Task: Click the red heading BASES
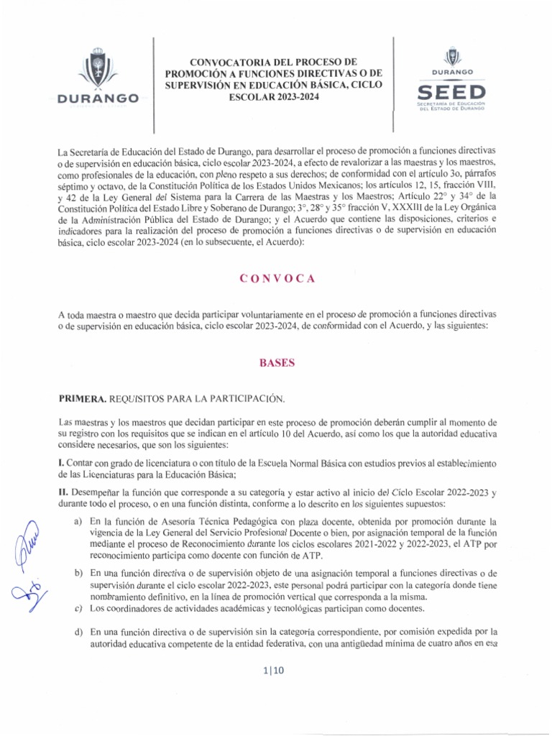(x=277, y=364)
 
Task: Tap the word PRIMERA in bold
(x=86, y=398)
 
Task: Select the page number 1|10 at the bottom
(x=276, y=671)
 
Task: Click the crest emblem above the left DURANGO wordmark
(x=97, y=67)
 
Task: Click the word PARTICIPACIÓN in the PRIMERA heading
(x=245, y=398)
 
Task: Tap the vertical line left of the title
(x=155, y=85)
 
